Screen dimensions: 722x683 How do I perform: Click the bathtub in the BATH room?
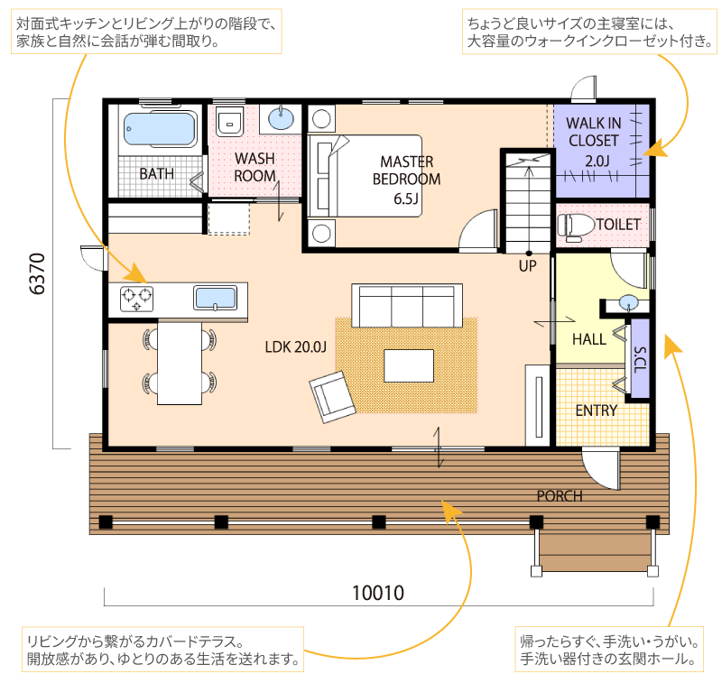(x=160, y=129)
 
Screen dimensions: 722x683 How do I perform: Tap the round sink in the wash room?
(x=281, y=119)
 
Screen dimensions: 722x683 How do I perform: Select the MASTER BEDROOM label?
(x=406, y=171)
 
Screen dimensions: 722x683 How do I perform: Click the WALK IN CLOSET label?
(x=594, y=132)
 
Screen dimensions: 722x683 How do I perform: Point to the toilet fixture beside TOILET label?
(x=576, y=226)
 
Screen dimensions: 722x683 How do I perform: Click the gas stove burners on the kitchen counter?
(x=137, y=299)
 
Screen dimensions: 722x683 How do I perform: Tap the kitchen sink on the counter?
(x=215, y=298)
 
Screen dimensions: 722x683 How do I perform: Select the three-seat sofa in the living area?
(x=407, y=306)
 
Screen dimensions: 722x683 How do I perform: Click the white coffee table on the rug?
(x=409, y=366)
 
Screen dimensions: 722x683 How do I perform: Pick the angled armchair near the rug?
(x=332, y=397)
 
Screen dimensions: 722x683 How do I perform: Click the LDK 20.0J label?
(x=296, y=347)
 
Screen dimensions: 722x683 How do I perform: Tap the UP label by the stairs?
(x=528, y=266)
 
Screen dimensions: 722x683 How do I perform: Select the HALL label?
(x=589, y=339)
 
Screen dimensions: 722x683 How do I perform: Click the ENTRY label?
(x=597, y=411)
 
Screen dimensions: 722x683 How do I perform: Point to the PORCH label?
(x=560, y=496)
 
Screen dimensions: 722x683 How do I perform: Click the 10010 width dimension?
(x=378, y=593)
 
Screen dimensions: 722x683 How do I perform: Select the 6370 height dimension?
(x=37, y=274)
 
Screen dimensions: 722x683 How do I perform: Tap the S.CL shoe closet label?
(x=640, y=360)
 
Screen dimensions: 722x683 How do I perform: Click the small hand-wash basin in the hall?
(x=628, y=303)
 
